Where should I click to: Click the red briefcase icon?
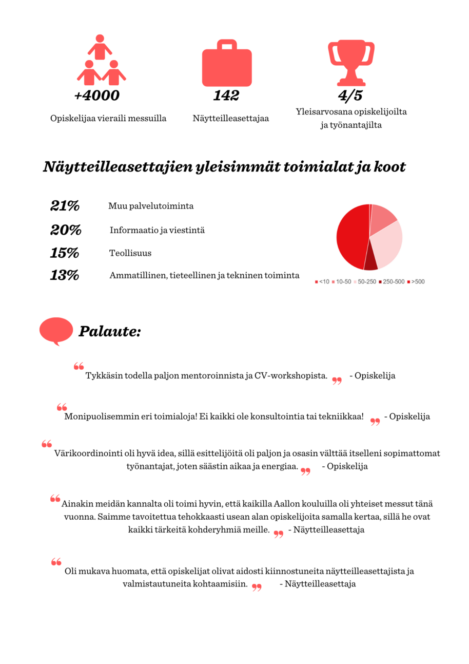[x=227, y=65]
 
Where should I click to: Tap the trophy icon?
[x=351, y=62]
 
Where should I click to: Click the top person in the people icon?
[x=100, y=46]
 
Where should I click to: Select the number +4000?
[x=97, y=96]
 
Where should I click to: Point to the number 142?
[x=226, y=96]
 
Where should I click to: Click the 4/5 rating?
[x=350, y=96]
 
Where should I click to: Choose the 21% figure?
[x=65, y=206]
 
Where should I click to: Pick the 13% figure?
[x=65, y=275]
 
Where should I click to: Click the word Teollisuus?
[x=130, y=253]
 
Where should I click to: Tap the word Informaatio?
[x=131, y=230]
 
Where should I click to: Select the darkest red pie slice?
[x=371, y=262]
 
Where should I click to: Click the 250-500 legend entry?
[x=392, y=281]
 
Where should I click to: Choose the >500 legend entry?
[x=416, y=281]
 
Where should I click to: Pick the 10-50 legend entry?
[x=343, y=281]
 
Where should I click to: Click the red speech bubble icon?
[x=56, y=331]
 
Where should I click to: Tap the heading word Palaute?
[x=109, y=331]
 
